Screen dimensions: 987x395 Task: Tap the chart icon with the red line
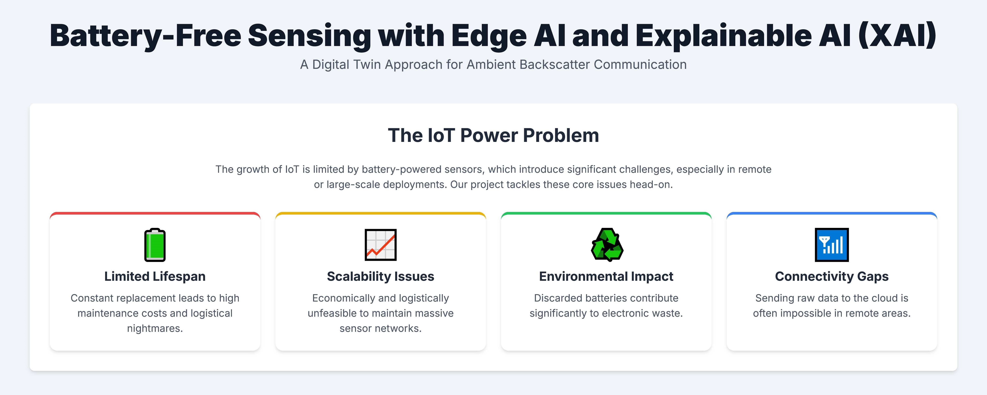tap(381, 245)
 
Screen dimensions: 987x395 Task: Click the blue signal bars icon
tap(832, 245)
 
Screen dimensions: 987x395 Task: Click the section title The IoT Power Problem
tap(493, 135)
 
